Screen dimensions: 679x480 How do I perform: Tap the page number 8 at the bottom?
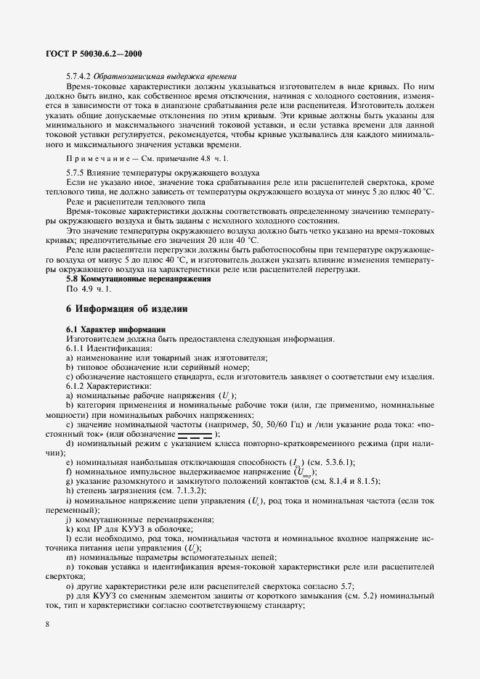tap(46, 622)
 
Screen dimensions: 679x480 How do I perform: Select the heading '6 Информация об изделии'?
tap(126, 308)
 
